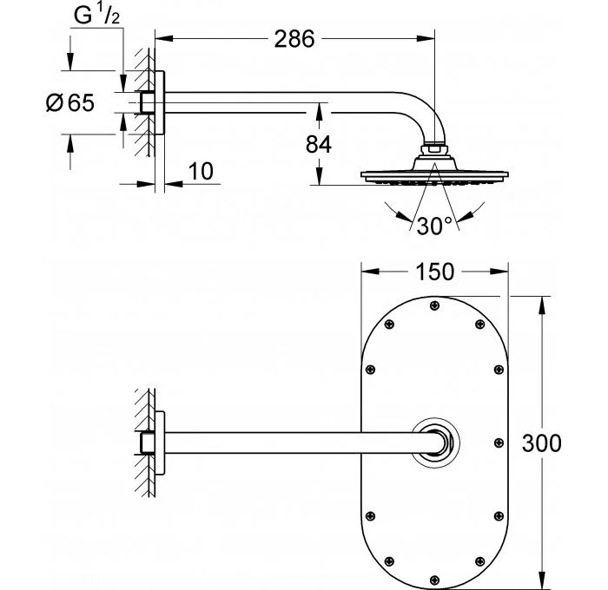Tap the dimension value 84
click(x=319, y=143)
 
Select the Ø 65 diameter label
click(x=69, y=102)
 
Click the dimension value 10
click(x=200, y=170)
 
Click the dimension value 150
click(x=434, y=272)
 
